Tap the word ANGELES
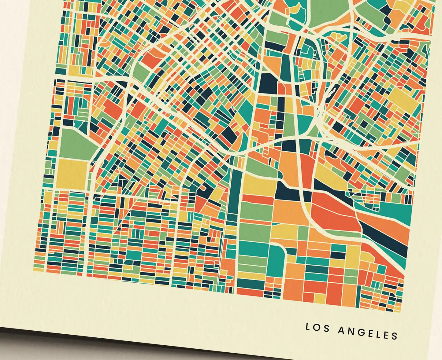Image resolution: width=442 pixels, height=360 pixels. point(368,332)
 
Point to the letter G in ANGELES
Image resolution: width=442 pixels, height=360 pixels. point(360,332)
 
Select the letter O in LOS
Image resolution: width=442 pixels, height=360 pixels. point(318,328)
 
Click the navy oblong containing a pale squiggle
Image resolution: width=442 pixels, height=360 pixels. point(330,92)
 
